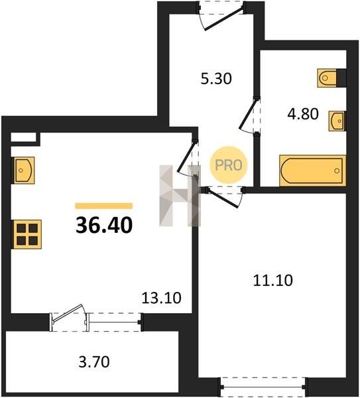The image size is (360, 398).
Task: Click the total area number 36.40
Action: click(x=104, y=225)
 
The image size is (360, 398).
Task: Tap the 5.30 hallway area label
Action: click(x=216, y=78)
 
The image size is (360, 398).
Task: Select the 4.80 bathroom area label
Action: click(x=303, y=113)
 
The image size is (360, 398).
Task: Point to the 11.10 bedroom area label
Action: click(x=273, y=281)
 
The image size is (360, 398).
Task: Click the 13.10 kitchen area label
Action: click(x=161, y=298)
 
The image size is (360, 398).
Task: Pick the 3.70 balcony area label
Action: click(x=94, y=362)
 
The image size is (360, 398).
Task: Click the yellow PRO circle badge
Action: click(x=228, y=165)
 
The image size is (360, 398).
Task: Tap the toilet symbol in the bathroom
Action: click(x=327, y=78)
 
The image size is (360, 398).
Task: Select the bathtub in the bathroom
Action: click(x=312, y=170)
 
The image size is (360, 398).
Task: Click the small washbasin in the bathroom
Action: click(x=337, y=121)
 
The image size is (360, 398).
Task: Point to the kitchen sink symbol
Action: click(x=23, y=170)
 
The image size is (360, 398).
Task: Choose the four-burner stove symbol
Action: click(x=27, y=234)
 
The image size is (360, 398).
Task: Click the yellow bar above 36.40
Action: click(x=104, y=206)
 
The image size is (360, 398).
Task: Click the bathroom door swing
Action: click(x=247, y=115)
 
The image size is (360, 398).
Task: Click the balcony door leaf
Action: click(x=68, y=314)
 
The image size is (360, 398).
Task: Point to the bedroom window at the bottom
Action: click(x=263, y=387)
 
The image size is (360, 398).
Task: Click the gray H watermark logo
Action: click(x=180, y=196)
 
